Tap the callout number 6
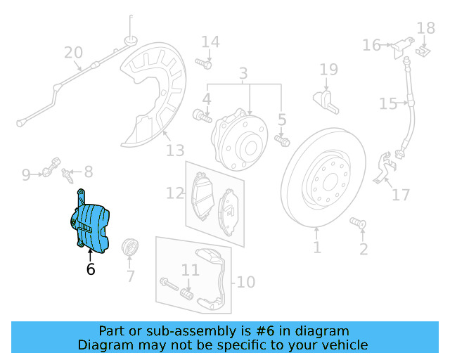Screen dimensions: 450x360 click(91, 269)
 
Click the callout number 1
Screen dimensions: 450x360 click(317, 247)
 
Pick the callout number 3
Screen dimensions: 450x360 click(243, 73)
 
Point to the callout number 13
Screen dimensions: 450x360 click(175, 150)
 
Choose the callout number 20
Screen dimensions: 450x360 click(74, 53)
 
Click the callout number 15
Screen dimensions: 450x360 click(388, 104)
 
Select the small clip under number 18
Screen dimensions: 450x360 click(424, 50)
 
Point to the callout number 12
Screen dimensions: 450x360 click(175, 193)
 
